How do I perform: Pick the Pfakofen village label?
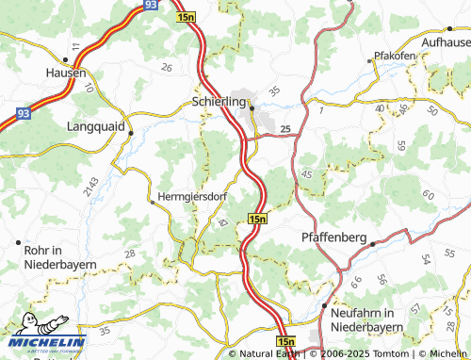pos(396,56)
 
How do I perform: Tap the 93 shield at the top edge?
pos(151,6)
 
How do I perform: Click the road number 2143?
pos(89,186)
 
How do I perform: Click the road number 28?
pos(129,254)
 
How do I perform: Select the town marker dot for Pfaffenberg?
pos(372,244)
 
